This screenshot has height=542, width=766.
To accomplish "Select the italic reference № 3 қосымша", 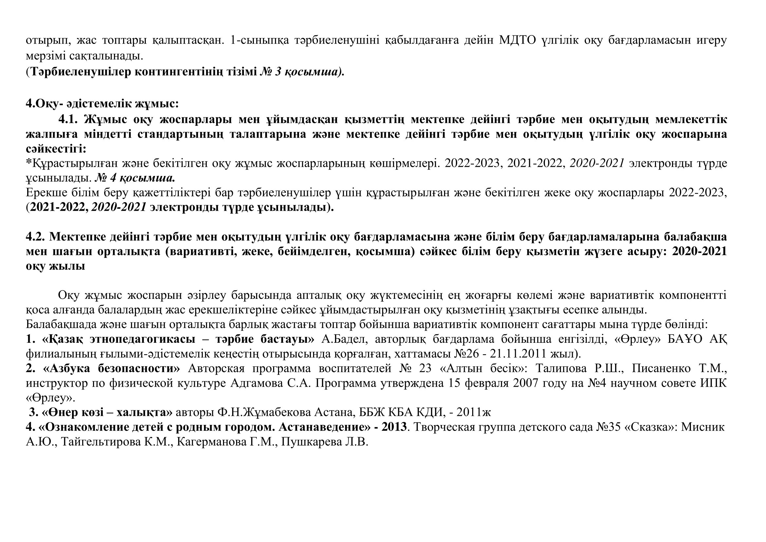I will click(x=302, y=72).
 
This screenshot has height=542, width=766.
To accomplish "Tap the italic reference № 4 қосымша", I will click(x=135, y=178).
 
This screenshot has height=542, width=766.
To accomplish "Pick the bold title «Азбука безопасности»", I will click(x=111, y=368).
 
